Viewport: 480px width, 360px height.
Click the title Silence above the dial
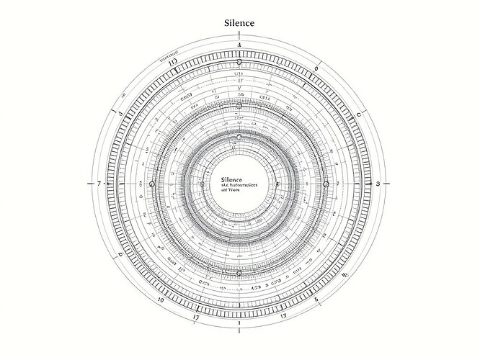[x=239, y=23]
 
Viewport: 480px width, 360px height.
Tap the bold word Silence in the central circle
[x=232, y=179]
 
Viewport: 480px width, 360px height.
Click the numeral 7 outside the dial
[x=98, y=184]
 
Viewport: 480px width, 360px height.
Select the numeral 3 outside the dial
[x=378, y=184]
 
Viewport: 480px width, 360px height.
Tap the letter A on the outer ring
[x=239, y=45]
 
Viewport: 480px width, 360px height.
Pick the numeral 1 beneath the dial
[x=239, y=323]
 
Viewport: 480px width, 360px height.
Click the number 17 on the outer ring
[x=195, y=316]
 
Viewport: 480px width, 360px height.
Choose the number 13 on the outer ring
[x=283, y=315]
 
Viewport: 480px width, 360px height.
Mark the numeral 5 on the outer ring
[x=316, y=299]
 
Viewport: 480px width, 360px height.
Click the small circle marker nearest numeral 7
[x=151, y=184]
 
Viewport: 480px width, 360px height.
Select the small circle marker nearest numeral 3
[x=326, y=184]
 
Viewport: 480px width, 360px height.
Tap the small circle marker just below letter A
[x=239, y=62]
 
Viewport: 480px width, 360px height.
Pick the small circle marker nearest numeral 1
[x=239, y=273]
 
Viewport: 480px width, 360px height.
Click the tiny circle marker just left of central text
[x=200, y=184]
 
